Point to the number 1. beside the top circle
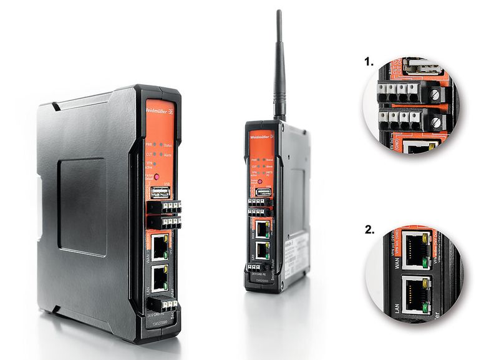tap(369, 62)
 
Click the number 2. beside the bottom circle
tap(369, 229)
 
